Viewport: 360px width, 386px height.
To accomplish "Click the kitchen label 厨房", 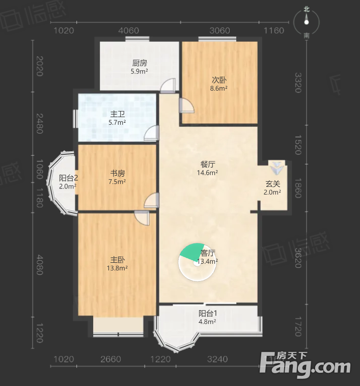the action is (140, 63).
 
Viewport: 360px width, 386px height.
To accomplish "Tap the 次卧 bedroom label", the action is (219, 80).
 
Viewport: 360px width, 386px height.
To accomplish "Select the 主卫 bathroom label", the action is (118, 114).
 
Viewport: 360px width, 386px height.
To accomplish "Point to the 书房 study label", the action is (118, 173).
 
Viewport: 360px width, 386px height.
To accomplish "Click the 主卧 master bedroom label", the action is (118, 260).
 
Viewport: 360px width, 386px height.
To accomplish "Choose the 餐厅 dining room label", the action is (208, 164).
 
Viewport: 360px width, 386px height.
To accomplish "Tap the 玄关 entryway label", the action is (272, 184).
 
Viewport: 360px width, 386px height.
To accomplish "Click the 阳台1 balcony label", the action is (208, 313).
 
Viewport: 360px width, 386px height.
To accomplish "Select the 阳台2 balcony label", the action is (68, 178).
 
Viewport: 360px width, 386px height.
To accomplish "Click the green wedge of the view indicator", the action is (193, 251).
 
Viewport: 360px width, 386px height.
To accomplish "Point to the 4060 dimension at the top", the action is (128, 31).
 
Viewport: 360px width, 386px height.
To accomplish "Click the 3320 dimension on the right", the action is (298, 82).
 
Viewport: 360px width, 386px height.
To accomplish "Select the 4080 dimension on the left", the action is (40, 265).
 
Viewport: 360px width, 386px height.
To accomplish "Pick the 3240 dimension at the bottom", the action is (217, 359).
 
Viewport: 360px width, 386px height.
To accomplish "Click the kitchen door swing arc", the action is (168, 85).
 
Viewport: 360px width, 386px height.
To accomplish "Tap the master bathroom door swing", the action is (151, 133).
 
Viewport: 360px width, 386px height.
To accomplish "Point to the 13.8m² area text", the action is (117, 268).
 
